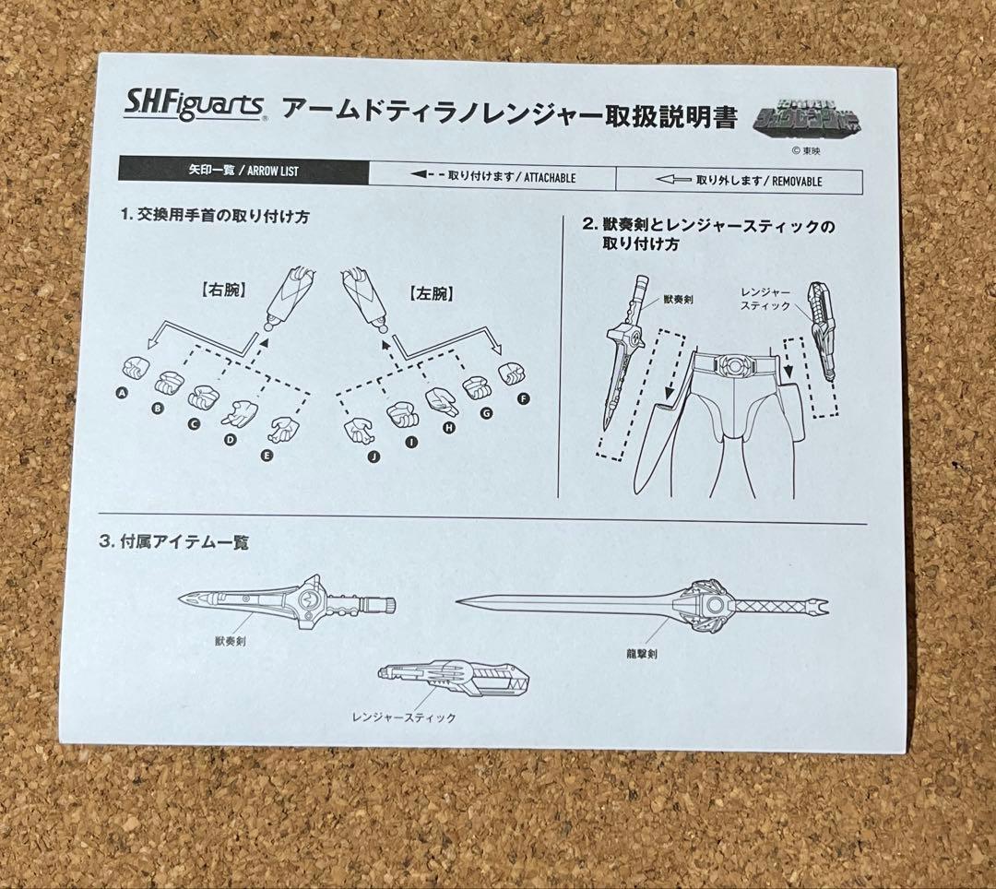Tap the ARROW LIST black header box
click(243, 171)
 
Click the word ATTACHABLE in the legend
click(550, 177)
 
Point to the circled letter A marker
click(121, 393)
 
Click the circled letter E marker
click(267, 454)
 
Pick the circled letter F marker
click(524, 398)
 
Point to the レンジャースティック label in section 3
click(403, 717)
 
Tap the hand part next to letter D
click(242, 412)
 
